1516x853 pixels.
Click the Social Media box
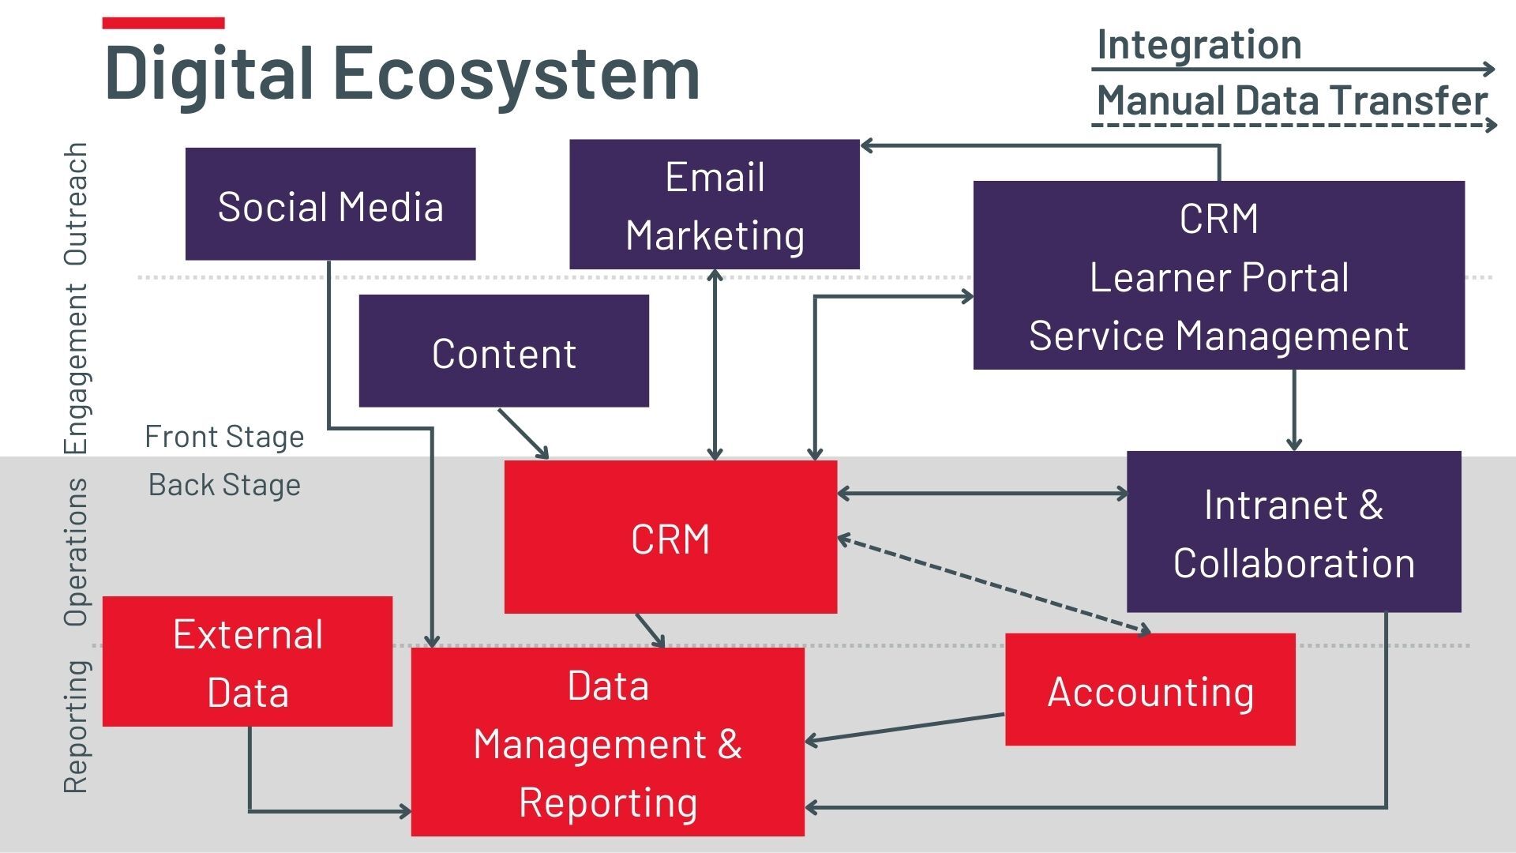[x=330, y=205]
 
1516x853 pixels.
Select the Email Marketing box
[x=714, y=205]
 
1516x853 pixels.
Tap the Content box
[x=504, y=352]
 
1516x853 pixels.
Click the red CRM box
[x=670, y=538]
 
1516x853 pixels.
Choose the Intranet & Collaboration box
[x=1293, y=532]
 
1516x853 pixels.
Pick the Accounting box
[x=1150, y=690]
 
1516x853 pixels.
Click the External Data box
[x=247, y=662]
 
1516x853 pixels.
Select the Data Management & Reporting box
[x=607, y=742]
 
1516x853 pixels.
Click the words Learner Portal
[x=1218, y=277]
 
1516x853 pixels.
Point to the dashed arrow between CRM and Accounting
[x=993, y=585]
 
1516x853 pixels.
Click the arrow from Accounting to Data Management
[x=905, y=727]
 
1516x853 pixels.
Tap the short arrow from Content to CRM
[x=523, y=433]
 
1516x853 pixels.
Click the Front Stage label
[x=224, y=437]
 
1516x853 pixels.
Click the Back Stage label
[x=224, y=485]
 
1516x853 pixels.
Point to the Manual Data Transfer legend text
[x=1292, y=101]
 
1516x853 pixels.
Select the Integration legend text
[x=1199, y=44]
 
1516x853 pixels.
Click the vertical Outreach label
[x=76, y=204]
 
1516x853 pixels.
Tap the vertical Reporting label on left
[x=76, y=727]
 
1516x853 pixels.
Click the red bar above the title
[x=163, y=23]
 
